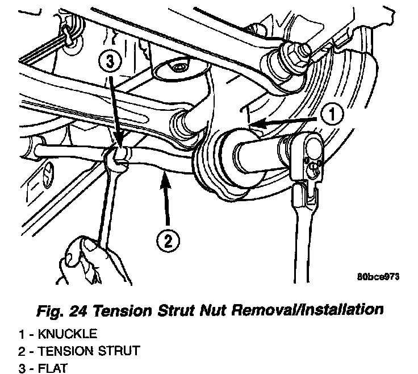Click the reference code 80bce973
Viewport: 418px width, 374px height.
379,277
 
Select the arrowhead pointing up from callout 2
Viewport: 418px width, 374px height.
165,178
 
